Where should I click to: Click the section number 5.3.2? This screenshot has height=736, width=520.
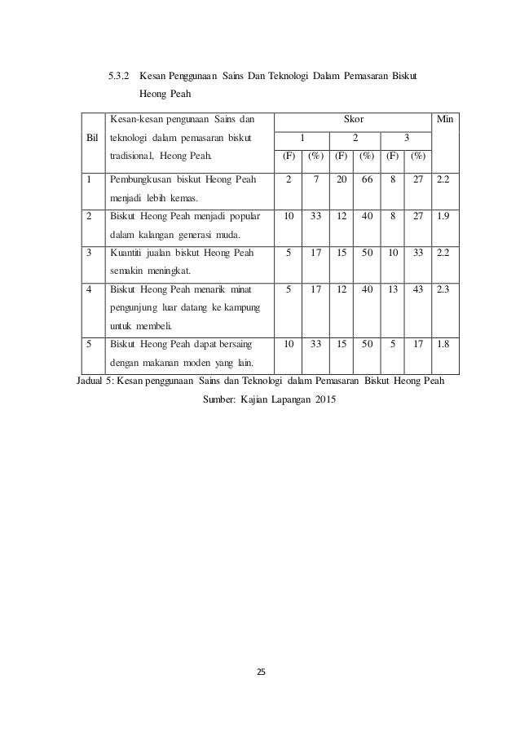coord(119,76)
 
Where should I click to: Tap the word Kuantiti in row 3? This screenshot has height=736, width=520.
coord(129,253)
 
